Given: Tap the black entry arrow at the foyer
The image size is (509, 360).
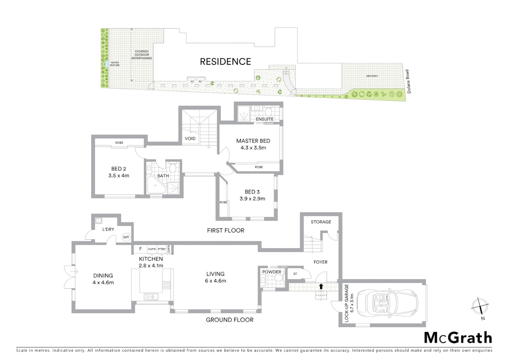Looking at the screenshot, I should pyautogui.click(x=321, y=286).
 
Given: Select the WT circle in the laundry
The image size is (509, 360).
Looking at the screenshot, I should pyautogui.click(x=126, y=237).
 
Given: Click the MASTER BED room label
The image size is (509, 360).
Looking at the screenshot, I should pyautogui.click(x=253, y=141).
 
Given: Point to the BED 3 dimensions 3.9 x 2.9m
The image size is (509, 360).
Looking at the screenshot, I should pyautogui.click(x=252, y=199).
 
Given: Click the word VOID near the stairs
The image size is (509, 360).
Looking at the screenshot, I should pyautogui.click(x=190, y=139).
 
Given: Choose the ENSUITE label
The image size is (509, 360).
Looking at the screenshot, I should pyautogui.click(x=264, y=119).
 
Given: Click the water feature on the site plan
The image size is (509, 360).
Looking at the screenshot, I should pyautogui.click(x=106, y=64).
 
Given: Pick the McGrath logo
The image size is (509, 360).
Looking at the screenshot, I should pyautogui.click(x=458, y=338).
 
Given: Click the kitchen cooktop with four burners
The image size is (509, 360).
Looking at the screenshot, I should pyautogui.click(x=166, y=285).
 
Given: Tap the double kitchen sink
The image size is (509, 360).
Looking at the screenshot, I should pyautogui.click(x=152, y=296).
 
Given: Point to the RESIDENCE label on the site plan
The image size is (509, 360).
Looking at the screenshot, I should pyautogui.click(x=225, y=62).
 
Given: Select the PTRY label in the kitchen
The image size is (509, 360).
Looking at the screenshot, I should pyautogui.click(x=162, y=249).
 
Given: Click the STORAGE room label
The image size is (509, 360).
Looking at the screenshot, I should pyautogui.click(x=321, y=222).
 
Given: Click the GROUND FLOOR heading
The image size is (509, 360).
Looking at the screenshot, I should pyautogui.click(x=230, y=320).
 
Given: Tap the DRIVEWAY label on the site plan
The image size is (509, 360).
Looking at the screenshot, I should pyautogui.click(x=372, y=76).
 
